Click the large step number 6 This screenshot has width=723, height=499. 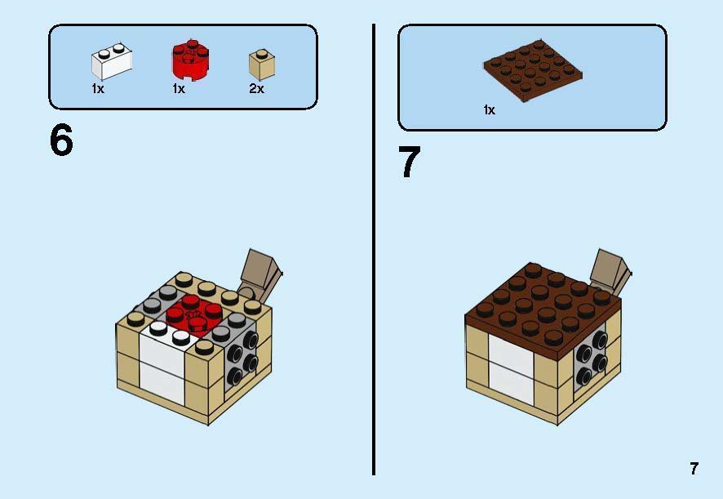click(x=61, y=141)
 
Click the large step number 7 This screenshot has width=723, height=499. click(x=409, y=162)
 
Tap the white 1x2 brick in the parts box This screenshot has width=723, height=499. click(x=112, y=62)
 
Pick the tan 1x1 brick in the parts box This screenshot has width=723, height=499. click(x=261, y=64)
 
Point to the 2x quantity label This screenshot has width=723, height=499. click(x=256, y=89)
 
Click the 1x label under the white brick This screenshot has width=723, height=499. click(x=98, y=89)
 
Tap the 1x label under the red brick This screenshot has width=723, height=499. click(x=179, y=89)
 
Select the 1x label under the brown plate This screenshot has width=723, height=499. click(x=489, y=109)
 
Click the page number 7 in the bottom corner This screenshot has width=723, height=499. click(x=694, y=469)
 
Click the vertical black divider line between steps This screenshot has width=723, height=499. click(x=374, y=245)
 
